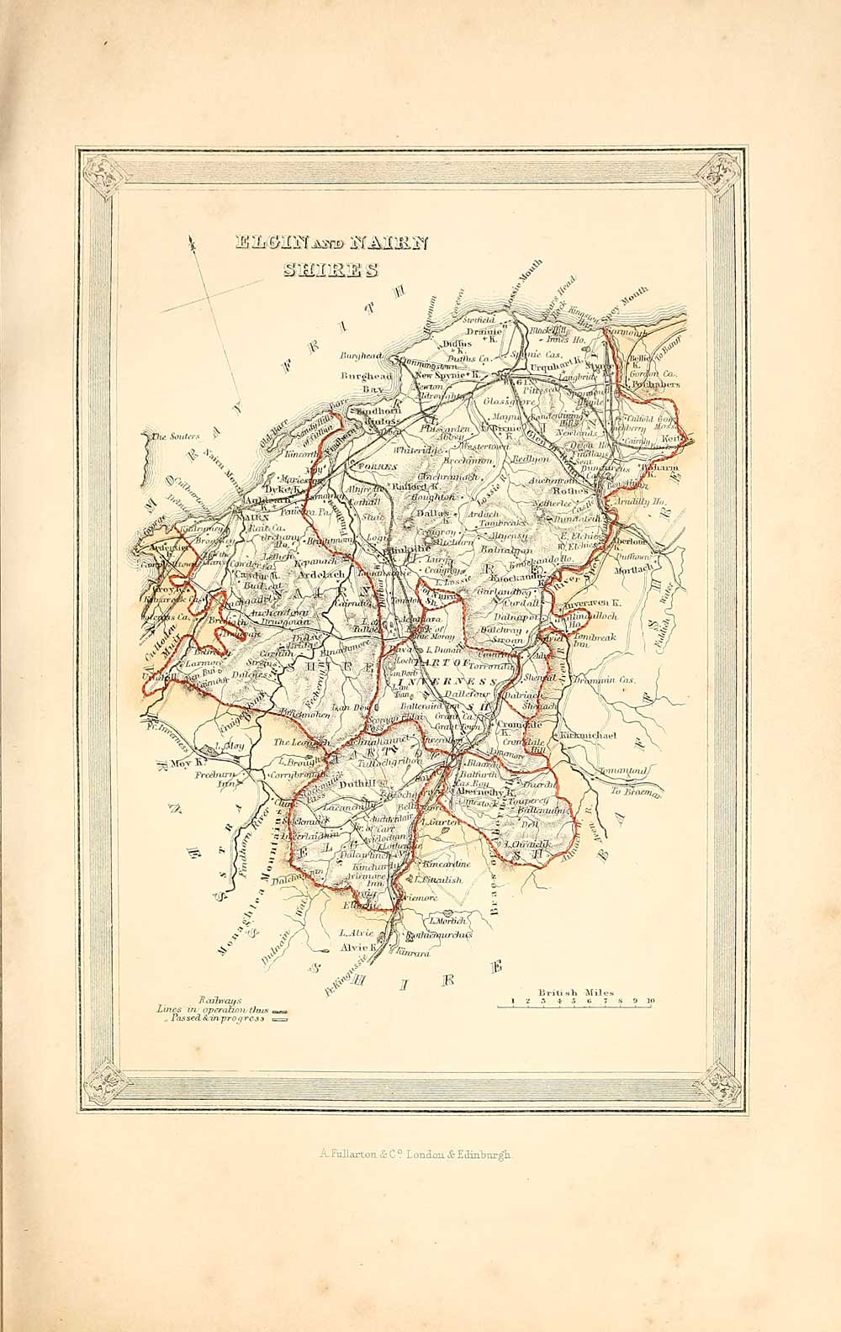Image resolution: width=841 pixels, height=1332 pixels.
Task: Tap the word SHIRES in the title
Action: click(x=331, y=270)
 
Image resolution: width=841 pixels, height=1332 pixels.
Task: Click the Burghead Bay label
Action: click(x=361, y=383)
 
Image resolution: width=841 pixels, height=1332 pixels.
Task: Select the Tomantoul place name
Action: click(x=623, y=769)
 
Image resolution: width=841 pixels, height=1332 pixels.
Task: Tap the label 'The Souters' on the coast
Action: click(x=174, y=436)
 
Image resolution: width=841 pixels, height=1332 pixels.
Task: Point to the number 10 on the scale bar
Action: click(x=651, y=1002)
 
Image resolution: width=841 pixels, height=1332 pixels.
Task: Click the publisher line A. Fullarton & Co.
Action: click(x=415, y=1155)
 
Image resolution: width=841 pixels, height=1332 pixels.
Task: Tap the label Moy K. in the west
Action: click(x=188, y=764)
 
